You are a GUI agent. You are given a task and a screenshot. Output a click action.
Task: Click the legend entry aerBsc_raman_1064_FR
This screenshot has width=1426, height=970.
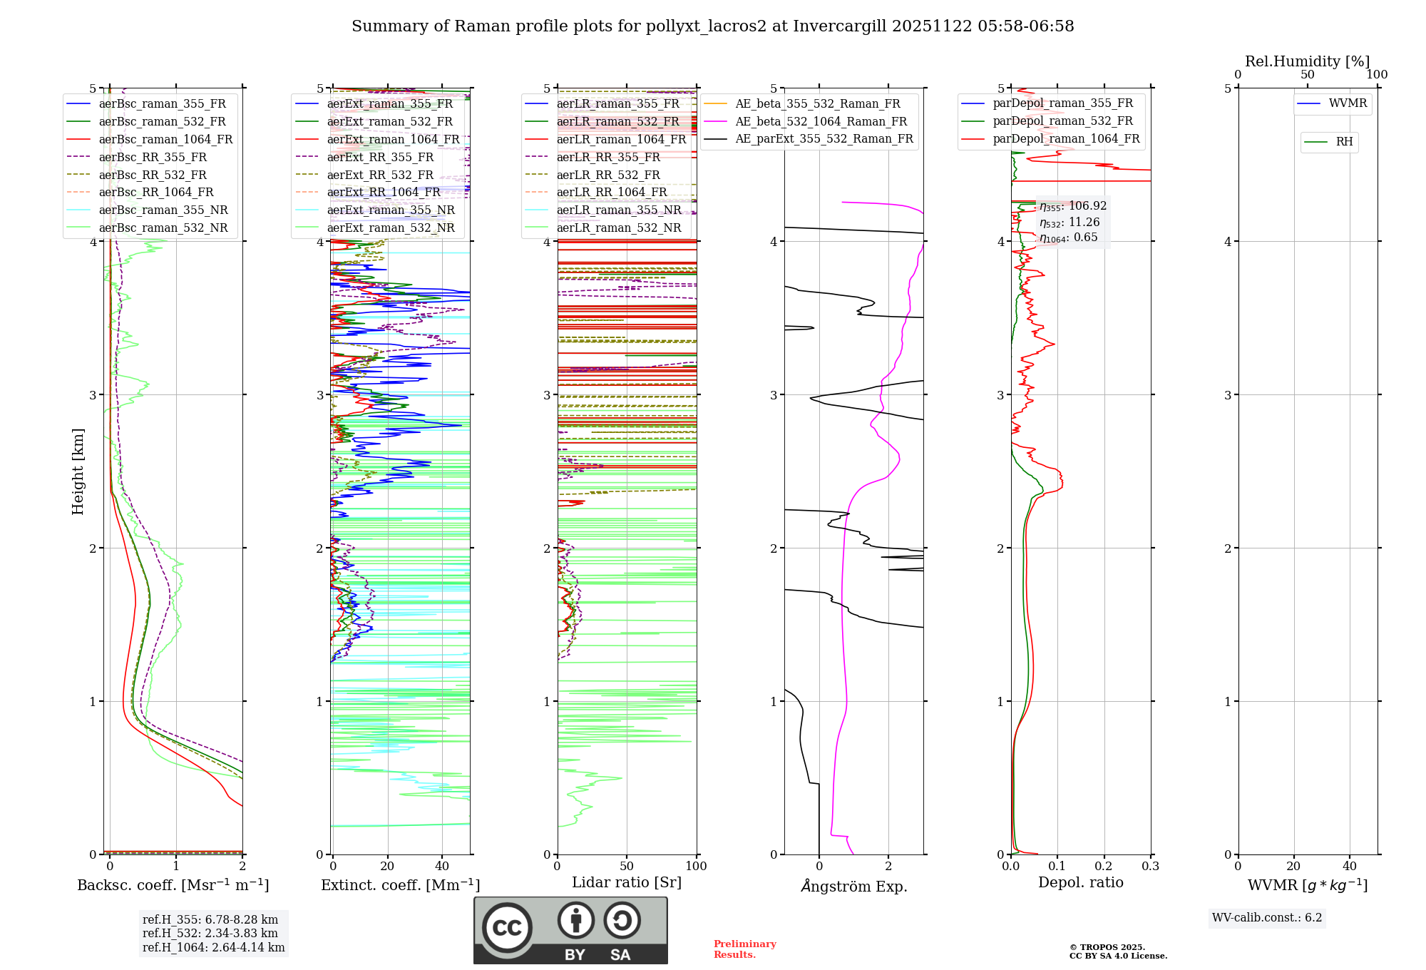[165, 139]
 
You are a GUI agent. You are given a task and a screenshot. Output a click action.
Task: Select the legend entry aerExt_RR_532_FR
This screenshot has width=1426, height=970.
[380, 175]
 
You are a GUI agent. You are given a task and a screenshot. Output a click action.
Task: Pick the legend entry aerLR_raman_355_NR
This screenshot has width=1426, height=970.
[618, 210]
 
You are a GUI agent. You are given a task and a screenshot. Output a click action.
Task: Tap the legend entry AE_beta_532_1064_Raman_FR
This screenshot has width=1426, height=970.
[821, 121]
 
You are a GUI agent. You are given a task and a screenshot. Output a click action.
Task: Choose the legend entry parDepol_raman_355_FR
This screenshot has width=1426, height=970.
[1062, 103]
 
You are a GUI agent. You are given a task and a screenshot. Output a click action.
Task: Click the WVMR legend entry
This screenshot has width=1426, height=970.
[1348, 103]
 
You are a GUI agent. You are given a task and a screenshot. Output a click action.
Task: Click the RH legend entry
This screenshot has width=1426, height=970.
[1344, 142]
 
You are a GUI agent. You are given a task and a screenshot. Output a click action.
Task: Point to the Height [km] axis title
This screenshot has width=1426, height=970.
[78, 471]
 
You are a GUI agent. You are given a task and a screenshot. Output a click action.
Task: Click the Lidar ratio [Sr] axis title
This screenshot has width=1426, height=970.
[626, 882]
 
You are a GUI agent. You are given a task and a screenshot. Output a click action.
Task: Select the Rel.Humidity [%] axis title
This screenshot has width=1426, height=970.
[1307, 61]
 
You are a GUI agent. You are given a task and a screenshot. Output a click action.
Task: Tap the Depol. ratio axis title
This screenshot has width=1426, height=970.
[1080, 882]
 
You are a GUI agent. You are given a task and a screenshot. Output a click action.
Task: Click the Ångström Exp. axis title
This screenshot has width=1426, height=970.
[853, 886]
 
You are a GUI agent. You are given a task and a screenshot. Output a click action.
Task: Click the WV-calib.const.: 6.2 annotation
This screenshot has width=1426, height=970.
[1267, 917]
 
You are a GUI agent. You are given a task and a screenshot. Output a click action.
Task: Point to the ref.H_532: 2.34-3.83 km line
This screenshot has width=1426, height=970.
[210, 933]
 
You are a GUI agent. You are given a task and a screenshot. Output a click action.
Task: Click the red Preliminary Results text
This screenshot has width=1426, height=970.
[744, 949]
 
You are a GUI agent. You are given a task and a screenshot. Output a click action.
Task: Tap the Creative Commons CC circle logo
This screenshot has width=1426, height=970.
[507, 927]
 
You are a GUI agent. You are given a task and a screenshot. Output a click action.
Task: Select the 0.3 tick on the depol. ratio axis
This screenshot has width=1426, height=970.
[1150, 866]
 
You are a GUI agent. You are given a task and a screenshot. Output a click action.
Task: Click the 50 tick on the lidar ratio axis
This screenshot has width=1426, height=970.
[627, 866]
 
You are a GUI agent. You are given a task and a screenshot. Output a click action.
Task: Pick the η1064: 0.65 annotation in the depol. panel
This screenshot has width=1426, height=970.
[1068, 238]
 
